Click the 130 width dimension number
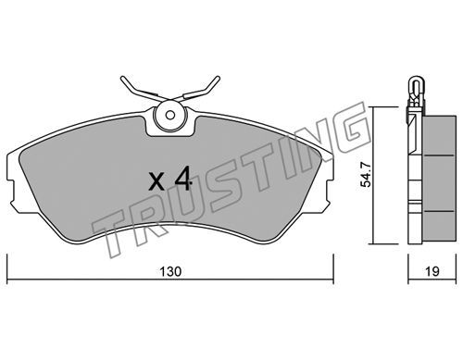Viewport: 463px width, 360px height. click(170, 271)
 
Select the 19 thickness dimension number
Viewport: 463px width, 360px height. click(432, 271)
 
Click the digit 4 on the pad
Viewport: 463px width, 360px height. click(183, 180)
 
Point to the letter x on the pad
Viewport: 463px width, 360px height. click(156, 181)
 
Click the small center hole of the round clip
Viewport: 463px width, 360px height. click(169, 116)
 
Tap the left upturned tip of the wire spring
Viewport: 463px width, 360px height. click(122, 78)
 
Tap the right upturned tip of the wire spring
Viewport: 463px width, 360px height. click(218, 78)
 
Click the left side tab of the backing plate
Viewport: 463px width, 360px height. click(11, 192)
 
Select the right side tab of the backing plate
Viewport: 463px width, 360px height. click(329, 192)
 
